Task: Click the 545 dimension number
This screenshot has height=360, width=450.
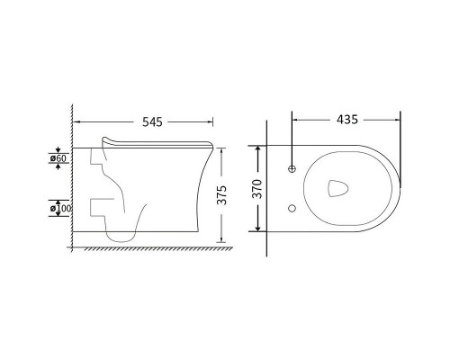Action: point(152,122)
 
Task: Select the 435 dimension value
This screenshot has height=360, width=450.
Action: point(347,120)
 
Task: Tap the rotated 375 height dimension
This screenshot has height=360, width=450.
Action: point(222,195)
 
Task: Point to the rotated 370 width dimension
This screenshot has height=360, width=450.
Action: point(257,189)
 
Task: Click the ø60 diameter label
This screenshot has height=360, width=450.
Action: point(58,158)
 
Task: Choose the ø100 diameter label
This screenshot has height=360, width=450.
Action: point(60,208)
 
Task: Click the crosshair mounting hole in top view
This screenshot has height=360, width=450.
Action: point(292,169)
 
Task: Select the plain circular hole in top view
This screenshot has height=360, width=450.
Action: point(292,208)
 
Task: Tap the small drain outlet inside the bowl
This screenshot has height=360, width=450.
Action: point(337,188)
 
